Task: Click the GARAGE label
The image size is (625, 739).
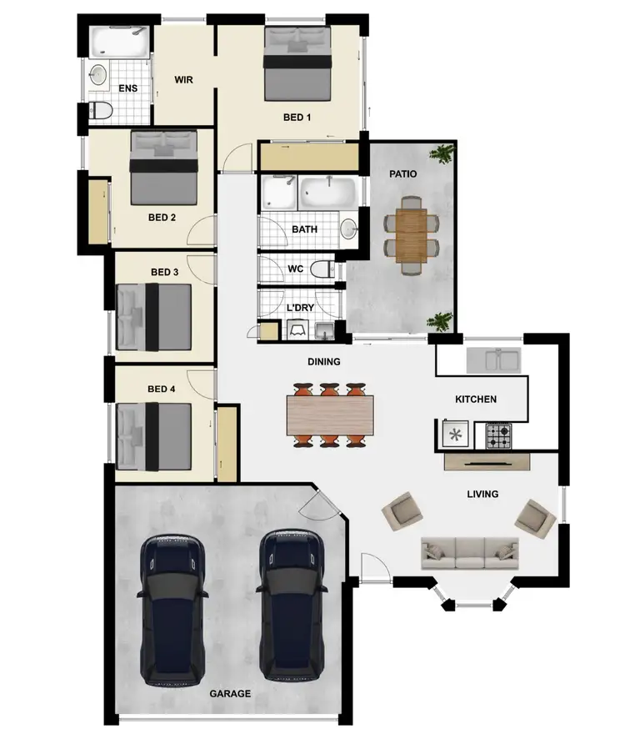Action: click(x=230, y=693)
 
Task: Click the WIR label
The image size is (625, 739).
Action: click(x=184, y=80)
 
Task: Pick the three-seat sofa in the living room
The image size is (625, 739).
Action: click(x=469, y=552)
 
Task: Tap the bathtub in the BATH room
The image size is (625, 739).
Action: click(x=327, y=194)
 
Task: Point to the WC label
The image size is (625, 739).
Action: click(x=294, y=269)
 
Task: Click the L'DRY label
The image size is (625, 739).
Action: click(x=299, y=308)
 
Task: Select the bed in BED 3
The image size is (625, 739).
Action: click(x=155, y=318)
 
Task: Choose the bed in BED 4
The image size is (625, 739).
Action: click(x=155, y=435)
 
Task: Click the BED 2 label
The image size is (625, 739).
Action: click(x=162, y=218)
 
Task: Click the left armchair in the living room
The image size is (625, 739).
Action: click(x=402, y=511)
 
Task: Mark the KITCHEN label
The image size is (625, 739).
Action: click(x=476, y=400)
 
